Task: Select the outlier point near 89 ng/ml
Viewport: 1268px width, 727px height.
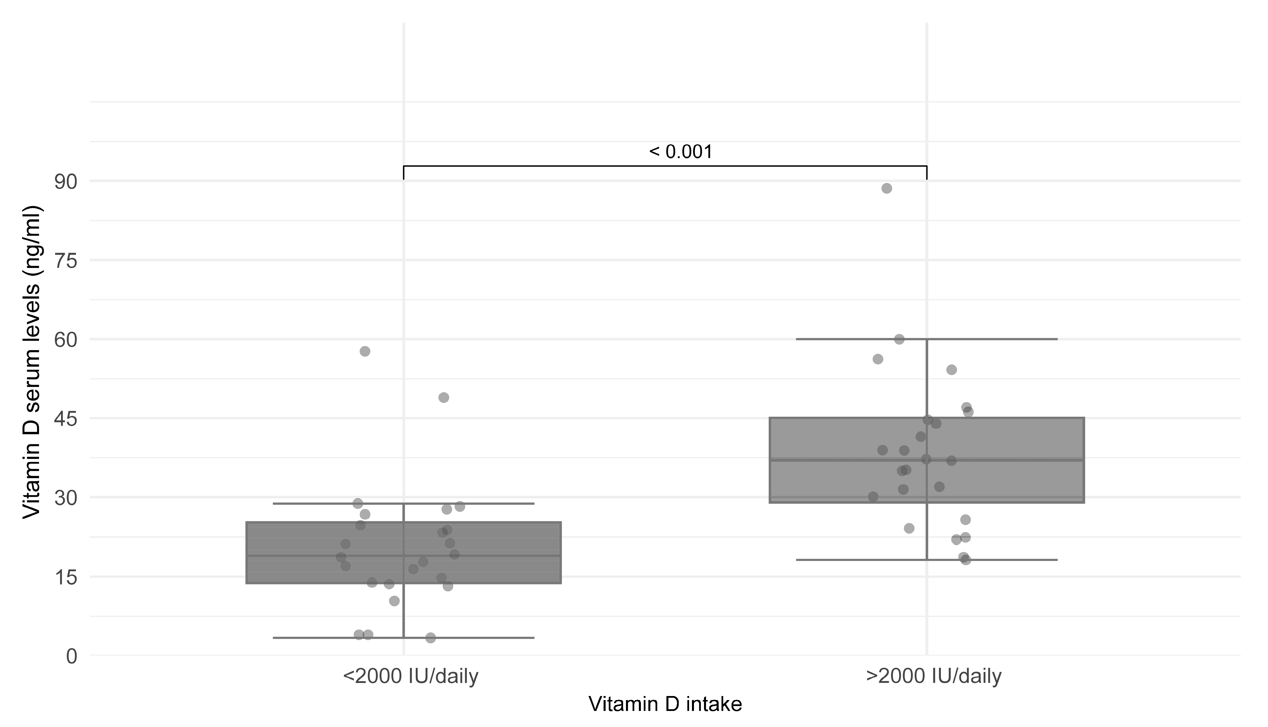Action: tap(886, 188)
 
